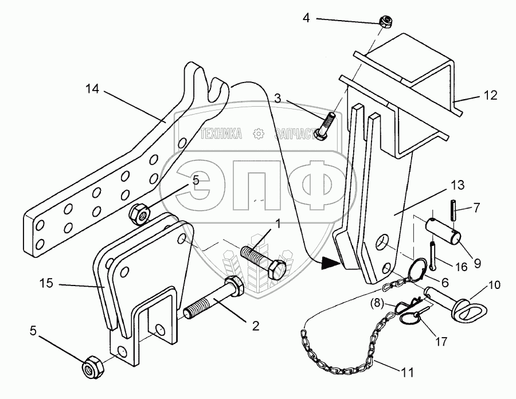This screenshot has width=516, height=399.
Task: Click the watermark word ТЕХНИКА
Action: (x=221, y=134)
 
